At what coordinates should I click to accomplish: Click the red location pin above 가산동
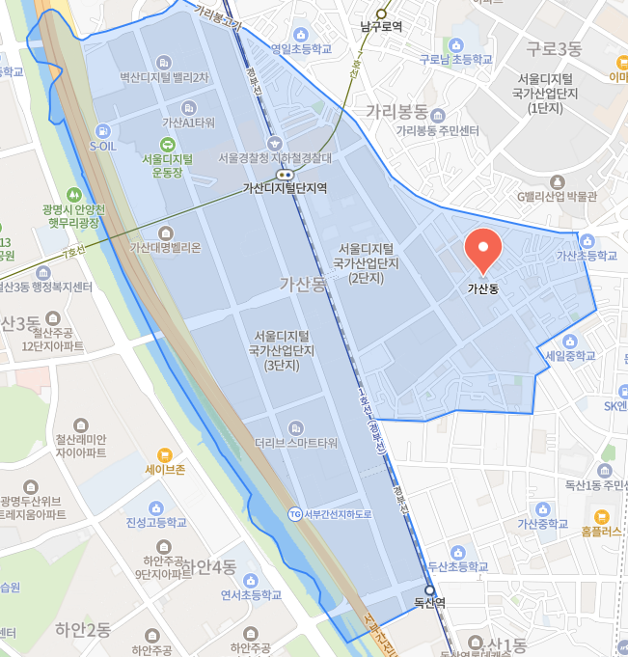pyautogui.click(x=481, y=250)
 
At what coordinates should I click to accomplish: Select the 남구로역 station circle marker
pyautogui.click(x=381, y=14)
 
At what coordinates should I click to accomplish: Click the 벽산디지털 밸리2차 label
pyautogui.click(x=164, y=76)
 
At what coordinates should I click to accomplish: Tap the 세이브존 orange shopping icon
pyautogui.click(x=164, y=454)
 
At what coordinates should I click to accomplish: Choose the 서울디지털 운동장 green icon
pyautogui.click(x=167, y=145)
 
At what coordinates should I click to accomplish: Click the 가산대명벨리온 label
pyautogui.click(x=166, y=247)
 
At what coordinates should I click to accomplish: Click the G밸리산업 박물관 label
pyautogui.click(x=557, y=196)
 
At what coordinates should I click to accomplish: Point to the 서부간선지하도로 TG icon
pyautogui.click(x=295, y=513)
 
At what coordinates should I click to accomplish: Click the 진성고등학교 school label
pyautogui.click(x=155, y=522)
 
